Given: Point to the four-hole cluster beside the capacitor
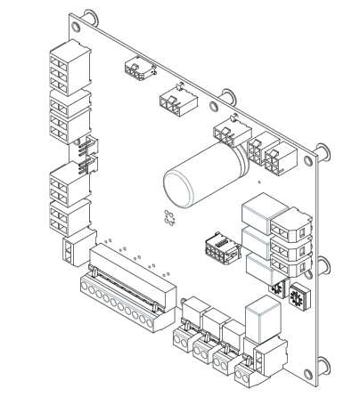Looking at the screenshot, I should point(168,215).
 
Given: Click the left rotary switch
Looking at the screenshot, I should point(276,290).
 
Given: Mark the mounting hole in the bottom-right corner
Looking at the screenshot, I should point(317,375).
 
